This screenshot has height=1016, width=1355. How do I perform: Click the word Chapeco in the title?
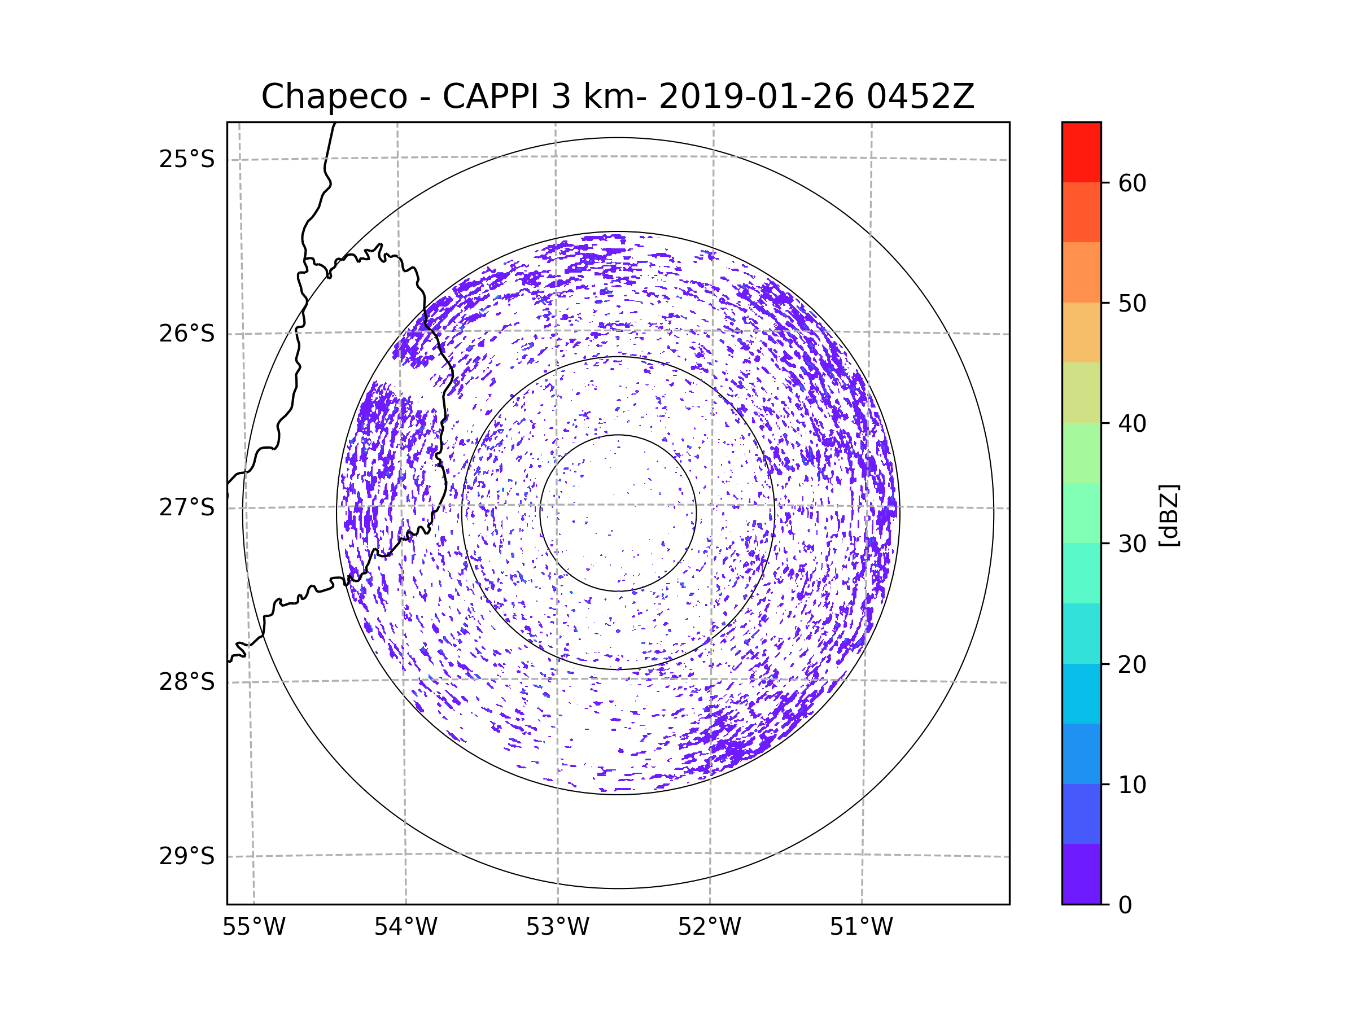(x=334, y=97)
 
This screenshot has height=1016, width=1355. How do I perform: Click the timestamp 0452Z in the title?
(x=920, y=97)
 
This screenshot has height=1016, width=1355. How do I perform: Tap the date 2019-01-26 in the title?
(x=756, y=97)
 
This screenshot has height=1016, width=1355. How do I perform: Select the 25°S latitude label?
(x=187, y=159)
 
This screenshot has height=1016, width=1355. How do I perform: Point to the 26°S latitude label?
(x=187, y=334)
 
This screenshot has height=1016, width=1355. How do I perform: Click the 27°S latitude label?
(x=187, y=507)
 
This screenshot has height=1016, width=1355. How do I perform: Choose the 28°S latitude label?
(x=187, y=682)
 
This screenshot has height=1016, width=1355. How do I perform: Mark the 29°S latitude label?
(x=187, y=856)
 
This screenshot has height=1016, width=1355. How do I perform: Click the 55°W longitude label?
(x=253, y=927)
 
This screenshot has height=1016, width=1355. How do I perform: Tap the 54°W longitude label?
(x=405, y=927)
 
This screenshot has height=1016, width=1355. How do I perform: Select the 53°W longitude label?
(x=557, y=927)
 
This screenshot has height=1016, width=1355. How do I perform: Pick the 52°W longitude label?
(x=709, y=927)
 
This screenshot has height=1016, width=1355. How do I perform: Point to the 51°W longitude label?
(x=861, y=927)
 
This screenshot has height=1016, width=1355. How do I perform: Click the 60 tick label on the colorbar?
(x=1132, y=183)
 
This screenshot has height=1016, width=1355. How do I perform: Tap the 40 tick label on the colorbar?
(x=1132, y=424)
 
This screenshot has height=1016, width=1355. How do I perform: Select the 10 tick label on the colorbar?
(x=1132, y=785)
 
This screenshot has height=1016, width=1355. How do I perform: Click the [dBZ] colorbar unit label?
(x=1169, y=516)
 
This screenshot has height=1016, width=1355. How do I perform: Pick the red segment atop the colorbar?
(x=1081, y=152)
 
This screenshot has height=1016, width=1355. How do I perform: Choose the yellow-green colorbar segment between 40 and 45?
(x=1081, y=392)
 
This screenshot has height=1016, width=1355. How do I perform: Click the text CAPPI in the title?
(x=490, y=97)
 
